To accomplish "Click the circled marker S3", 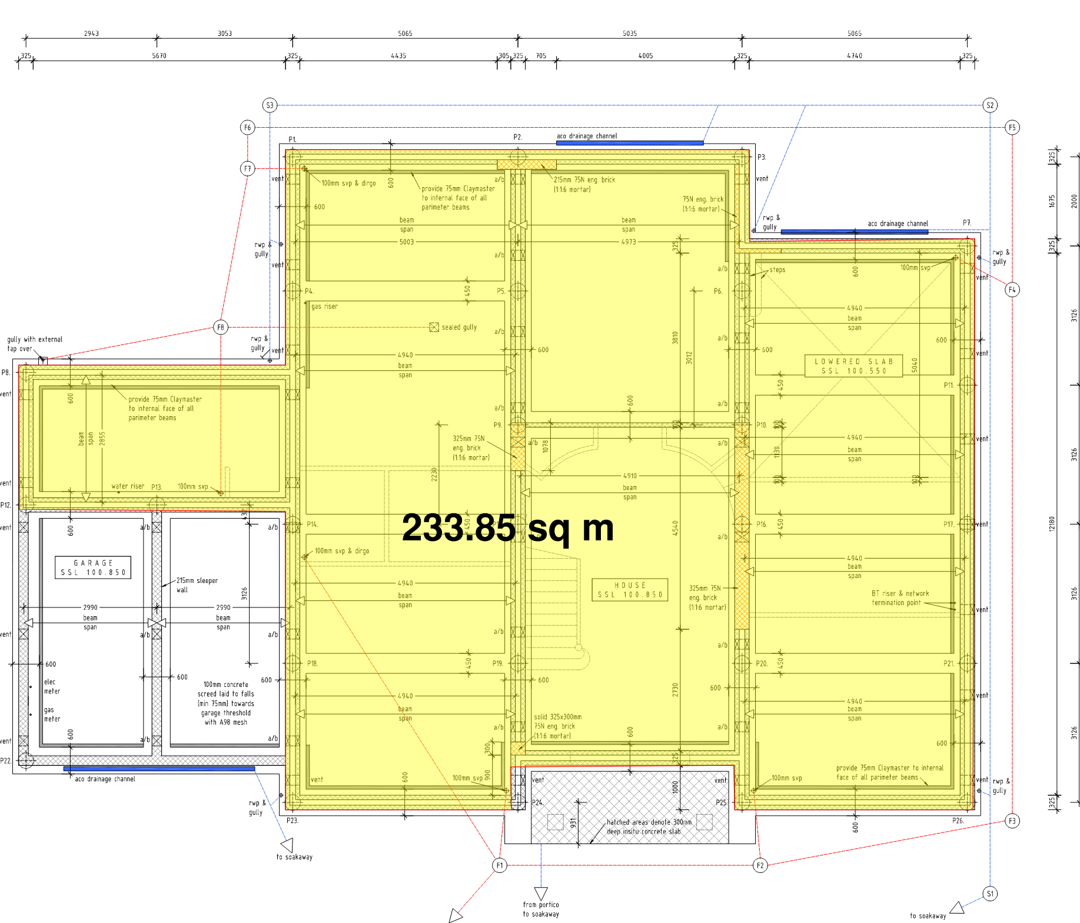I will click(270, 105).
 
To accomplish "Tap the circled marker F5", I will click(1012, 127).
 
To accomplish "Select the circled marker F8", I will click(220, 327).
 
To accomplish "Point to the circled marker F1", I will click(499, 865).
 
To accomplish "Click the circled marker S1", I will click(990, 894).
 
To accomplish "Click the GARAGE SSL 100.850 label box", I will click(93, 567).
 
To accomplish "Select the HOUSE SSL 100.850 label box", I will click(630, 590).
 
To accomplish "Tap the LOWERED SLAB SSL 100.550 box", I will click(853, 366).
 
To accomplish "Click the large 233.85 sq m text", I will click(507, 528).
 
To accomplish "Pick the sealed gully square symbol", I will click(434, 327).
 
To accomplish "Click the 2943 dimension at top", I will click(91, 34).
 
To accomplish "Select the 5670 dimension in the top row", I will click(159, 56).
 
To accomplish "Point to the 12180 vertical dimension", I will click(1052, 524).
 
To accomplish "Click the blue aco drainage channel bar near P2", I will click(629, 142).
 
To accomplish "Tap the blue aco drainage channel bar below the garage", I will click(159, 769).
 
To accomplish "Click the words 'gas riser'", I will click(324, 306).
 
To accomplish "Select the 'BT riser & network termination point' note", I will click(900, 598).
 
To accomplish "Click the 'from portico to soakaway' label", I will click(541, 909).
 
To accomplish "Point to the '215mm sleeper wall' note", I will click(197, 585).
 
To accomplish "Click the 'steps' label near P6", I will click(777, 270).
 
